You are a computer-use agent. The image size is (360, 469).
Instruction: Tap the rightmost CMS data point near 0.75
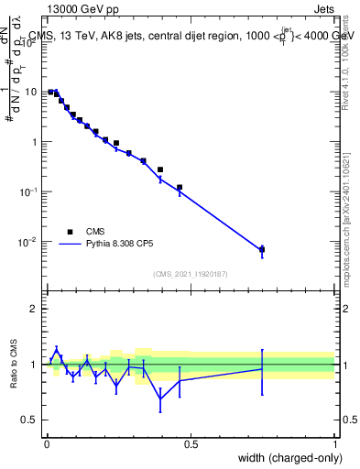[262, 249]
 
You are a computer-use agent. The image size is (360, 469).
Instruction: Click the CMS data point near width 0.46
[180, 188]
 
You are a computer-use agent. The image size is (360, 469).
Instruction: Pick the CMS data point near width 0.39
[160, 169]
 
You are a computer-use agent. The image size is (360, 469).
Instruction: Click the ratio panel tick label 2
[34, 309]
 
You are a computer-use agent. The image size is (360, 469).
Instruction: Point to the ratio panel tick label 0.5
[29, 420]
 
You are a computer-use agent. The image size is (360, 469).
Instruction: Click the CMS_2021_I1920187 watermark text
[191, 273]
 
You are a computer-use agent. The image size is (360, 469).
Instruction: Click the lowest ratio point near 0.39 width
[160, 399]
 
